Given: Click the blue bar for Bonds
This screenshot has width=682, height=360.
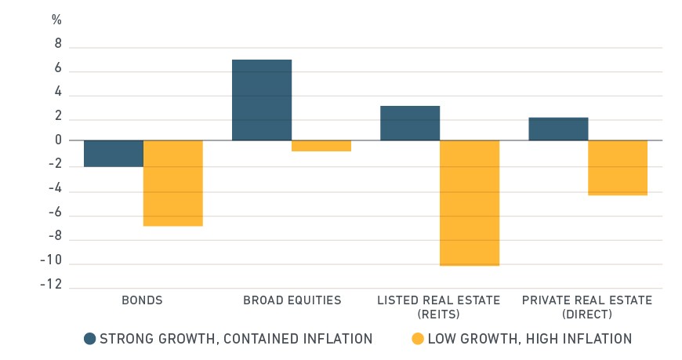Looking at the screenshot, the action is [x=114, y=154].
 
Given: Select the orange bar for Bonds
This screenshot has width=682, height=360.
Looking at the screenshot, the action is [x=173, y=184].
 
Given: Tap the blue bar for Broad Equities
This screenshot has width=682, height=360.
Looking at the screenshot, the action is [x=262, y=100].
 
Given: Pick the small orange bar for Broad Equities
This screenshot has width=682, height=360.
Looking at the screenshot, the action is [x=321, y=146].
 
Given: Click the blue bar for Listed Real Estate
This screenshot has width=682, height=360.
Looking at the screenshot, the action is [x=410, y=123].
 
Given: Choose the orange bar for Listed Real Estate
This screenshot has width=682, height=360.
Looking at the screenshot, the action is [x=470, y=203].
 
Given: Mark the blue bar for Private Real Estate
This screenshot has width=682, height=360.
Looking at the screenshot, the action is [x=558, y=129].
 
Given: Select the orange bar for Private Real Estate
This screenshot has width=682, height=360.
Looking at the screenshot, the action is [x=618, y=168].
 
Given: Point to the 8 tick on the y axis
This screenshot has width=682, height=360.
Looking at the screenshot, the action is [x=58, y=44].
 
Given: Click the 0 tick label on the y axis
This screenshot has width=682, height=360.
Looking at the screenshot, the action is [x=58, y=140].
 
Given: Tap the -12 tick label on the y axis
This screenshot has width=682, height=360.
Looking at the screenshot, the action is [x=51, y=284].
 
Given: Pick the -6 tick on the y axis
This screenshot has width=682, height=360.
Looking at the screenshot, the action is [x=55, y=213].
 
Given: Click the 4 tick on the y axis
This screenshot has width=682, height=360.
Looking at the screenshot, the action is [x=58, y=92].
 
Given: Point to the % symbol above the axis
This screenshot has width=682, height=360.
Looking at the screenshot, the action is [x=56, y=20].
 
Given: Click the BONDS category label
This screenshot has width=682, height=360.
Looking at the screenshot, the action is [x=142, y=300].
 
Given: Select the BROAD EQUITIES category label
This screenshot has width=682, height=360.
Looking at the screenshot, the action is [x=292, y=300].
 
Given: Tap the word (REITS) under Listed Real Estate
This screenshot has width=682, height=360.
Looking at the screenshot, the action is [x=438, y=315].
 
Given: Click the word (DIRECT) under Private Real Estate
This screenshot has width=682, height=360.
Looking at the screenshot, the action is [x=587, y=315].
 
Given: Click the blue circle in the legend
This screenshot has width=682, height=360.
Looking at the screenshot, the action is [x=90, y=339].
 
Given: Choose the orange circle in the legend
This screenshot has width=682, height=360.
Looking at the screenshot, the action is [x=418, y=339].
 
